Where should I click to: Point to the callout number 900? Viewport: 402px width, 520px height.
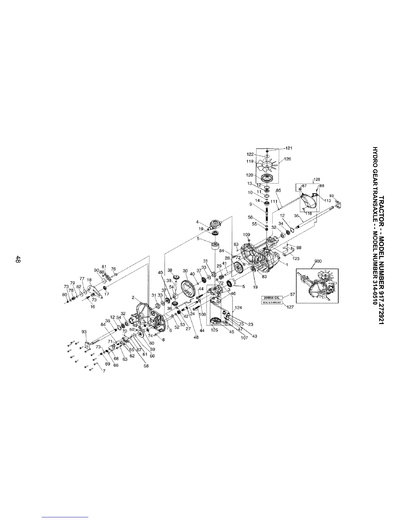(x=318, y=261)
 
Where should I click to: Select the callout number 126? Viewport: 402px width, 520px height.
(x=287, y=159)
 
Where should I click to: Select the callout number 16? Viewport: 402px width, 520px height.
(x=93, y=307)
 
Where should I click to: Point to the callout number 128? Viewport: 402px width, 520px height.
(x=317, y=179)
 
